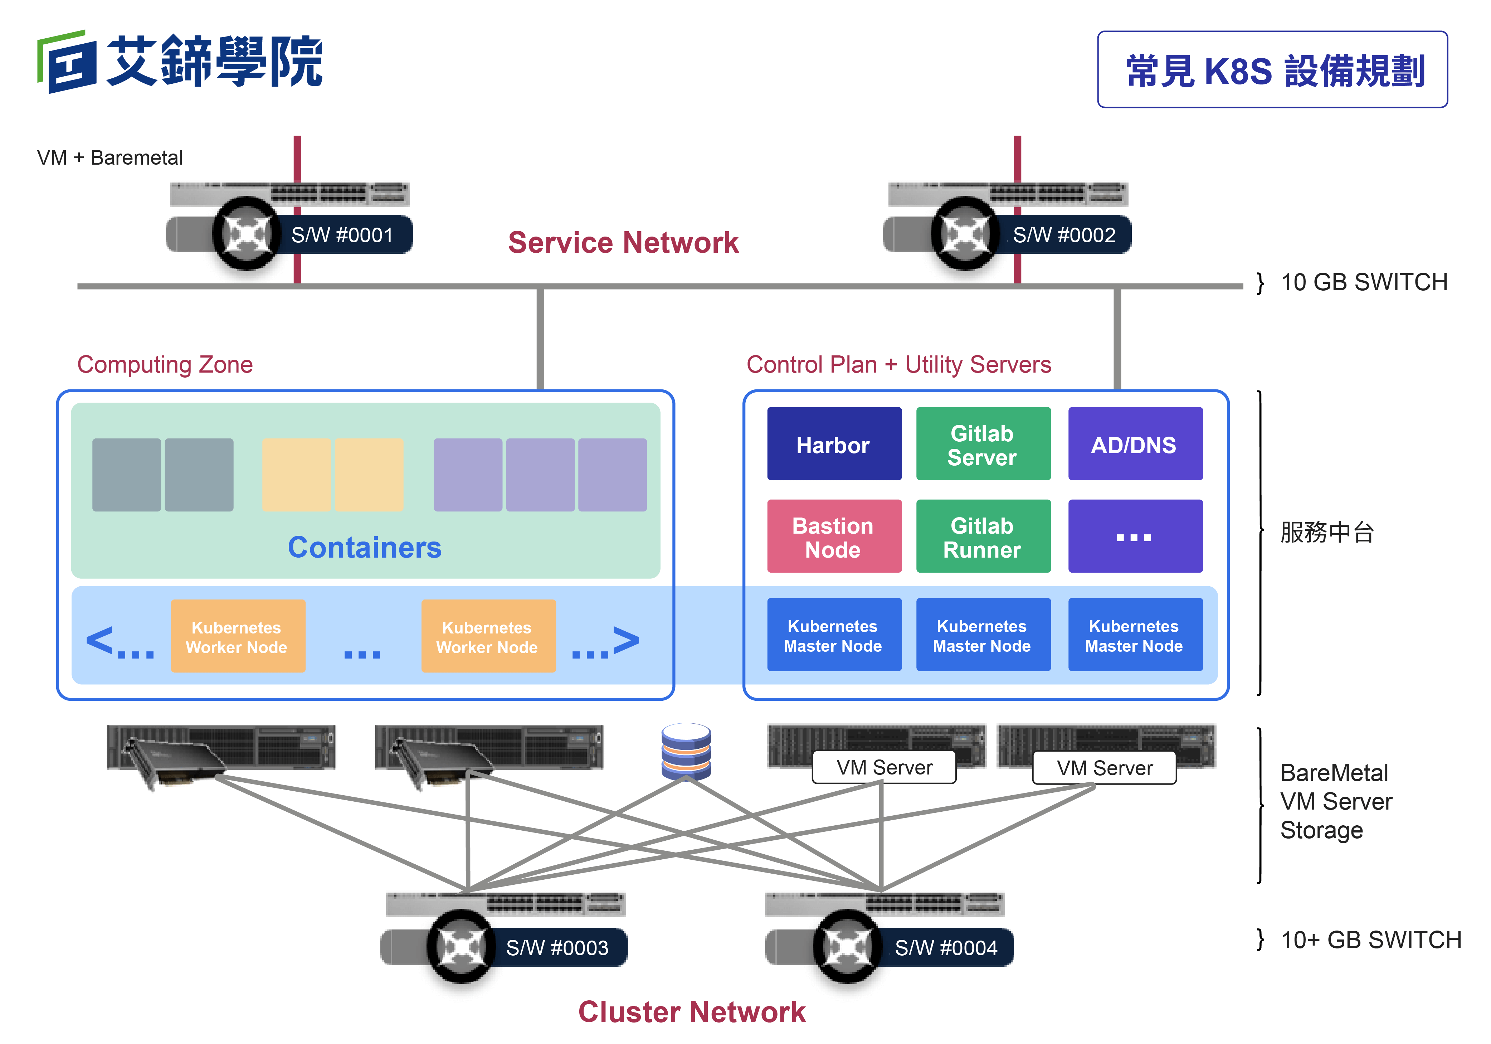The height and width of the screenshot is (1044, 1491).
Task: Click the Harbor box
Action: click(834, 445)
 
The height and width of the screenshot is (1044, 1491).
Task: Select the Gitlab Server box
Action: click(983, 445)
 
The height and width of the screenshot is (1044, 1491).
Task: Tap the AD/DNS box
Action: click(1135, 445)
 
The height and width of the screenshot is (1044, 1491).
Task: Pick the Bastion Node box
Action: click(834, 536)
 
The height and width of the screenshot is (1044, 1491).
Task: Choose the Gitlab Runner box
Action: click(983, 536)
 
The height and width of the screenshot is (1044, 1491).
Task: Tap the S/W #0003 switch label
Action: click(557, 948)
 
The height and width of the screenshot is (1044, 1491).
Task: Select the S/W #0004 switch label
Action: click(945, 948)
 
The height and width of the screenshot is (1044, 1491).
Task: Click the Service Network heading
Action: click(623, 242)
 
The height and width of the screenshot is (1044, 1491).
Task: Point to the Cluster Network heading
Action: click(692, 1011)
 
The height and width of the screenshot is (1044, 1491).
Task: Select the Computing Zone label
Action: click(165, 364)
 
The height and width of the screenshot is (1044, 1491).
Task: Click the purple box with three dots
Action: click(1135, 536)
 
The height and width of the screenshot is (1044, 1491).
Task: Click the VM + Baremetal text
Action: click(110, 158)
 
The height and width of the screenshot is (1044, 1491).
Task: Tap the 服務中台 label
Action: click(1327, 532)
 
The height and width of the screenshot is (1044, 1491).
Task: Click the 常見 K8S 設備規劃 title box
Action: click(1272, 69)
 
